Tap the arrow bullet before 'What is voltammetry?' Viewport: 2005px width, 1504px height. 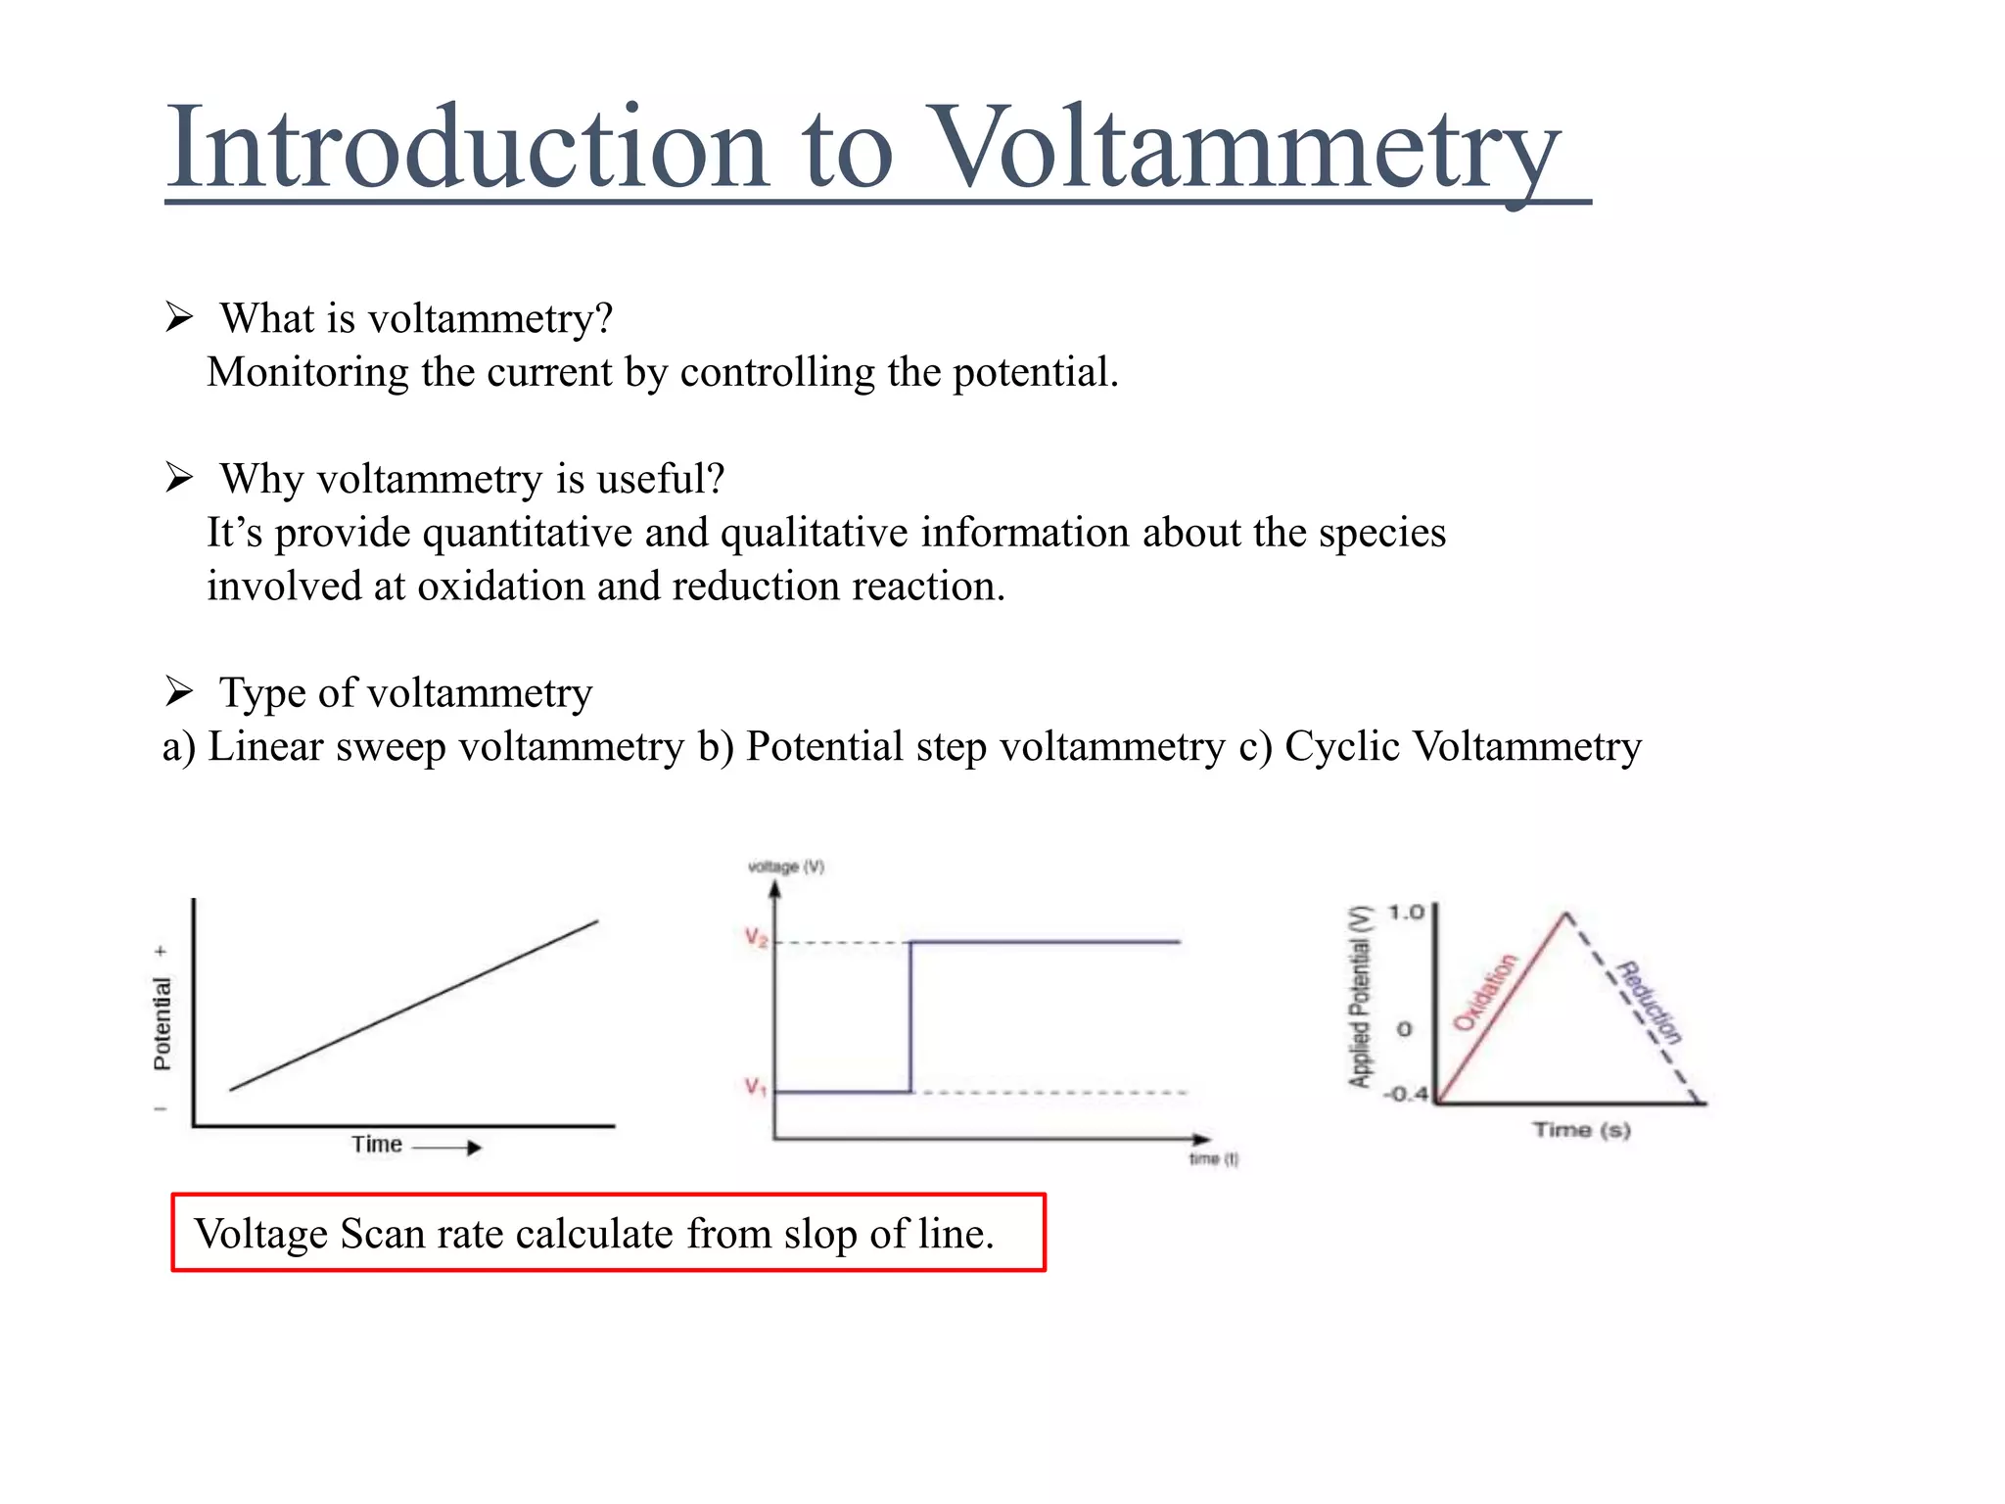pyautogui.click(x=179, y=317)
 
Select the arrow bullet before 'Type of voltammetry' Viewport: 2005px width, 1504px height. pyautogui.click(x=179, y=691)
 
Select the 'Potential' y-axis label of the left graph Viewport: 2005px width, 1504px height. pyautogui.click(x=163, y=1023)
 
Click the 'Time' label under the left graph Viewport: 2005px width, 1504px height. pyautogui.click(x=377, y=1144)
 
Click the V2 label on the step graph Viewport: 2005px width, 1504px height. pyautogui.click(x=756, y=938)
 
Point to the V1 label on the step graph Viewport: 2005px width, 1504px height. pyautogui.click(x=755, y=1087)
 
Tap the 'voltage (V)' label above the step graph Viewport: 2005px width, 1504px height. pyautogui.click(x=786, y=867)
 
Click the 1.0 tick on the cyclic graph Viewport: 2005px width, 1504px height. pyautogui.click(x=1406, y=913)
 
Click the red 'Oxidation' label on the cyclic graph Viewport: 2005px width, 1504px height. pyautogui.click(x=1484, y=992)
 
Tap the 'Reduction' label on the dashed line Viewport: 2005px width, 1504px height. pyautogui.click(x=1650, y=1003)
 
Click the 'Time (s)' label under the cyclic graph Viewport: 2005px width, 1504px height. pyautogui.click(x=1581, y=1130)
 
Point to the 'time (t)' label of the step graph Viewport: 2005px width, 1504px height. pyautogui.click(x=1214, y=1159)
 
